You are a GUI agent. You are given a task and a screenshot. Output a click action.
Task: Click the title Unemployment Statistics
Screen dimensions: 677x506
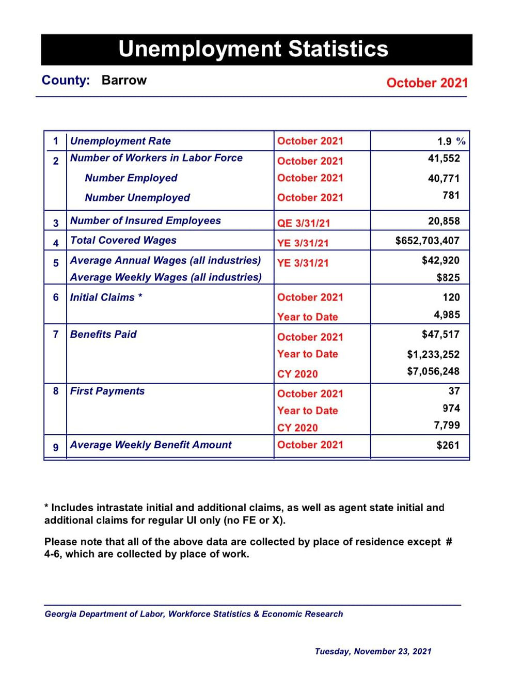click(x=253, y=49)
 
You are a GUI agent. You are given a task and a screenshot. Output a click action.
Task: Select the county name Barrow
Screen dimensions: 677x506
click(x=124, y=81)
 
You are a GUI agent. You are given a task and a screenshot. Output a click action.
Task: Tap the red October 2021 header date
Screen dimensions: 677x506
click(x=427, y=83)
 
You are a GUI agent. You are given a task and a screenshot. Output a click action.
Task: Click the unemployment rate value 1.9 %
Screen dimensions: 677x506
click(x=451, y=141)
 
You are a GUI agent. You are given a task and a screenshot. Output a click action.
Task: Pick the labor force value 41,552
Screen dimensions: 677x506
click(x=444, y=159)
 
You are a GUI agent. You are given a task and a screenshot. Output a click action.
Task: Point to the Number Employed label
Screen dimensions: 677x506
click(x=131, y=178)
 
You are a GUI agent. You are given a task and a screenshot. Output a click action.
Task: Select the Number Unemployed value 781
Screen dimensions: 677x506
click(x=451, y=195)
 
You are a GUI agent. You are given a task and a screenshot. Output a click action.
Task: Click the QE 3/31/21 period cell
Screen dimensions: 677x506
click(x=303, y=223)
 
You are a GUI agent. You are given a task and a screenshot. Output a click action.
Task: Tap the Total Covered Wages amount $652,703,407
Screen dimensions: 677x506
click(x=427, y=241)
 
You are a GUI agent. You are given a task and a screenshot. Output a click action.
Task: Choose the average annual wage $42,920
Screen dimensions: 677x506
click(x=440, y=260)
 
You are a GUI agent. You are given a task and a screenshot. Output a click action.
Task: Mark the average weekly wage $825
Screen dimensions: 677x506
click(x=448, y=278)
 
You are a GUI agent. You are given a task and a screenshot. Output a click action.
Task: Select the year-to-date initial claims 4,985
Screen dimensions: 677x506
click(x=447, y=314)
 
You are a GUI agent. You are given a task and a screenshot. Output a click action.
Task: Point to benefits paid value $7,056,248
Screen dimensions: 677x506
click(x=433, y=371)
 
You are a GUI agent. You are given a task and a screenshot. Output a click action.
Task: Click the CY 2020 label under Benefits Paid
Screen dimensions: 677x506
click(x=297, y=374)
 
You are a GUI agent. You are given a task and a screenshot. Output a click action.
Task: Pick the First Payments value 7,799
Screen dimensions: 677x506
click(x=447, y=425)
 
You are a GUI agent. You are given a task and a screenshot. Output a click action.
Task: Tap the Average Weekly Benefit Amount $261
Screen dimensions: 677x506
click(x=448, y=445)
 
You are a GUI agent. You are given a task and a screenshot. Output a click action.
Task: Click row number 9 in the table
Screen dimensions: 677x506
click(x=56, y=447)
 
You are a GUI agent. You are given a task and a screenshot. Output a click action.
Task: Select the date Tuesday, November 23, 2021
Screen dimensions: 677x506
click(x=373, y=652)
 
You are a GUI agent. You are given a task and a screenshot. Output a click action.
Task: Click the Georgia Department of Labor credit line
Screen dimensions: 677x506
click(x=194, y=614)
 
